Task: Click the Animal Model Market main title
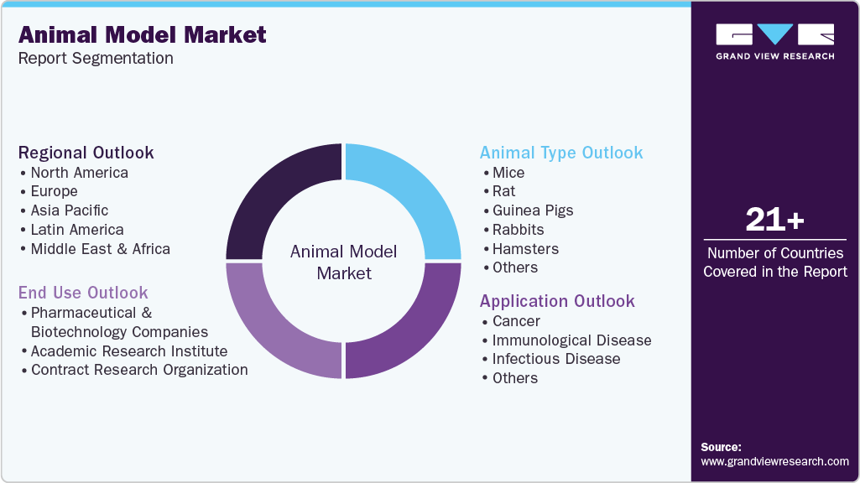point(142,34)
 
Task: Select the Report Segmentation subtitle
point(96,58)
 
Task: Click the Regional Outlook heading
point(86,153)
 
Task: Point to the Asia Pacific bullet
point(70,210)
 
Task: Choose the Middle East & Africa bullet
point(100,249)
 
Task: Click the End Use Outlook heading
point(83,293)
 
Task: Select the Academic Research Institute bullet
point(129,351)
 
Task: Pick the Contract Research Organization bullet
point(139,370)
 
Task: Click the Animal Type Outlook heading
point(561,153)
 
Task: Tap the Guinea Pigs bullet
point(533,210)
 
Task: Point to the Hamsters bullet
point(525,249)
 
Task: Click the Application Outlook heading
point(557,301)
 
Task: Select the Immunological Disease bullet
point(571,340)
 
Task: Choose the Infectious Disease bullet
point(556,359)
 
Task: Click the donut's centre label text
point(344,262)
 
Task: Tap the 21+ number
point(774,221)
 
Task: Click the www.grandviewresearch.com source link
point(774,461)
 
